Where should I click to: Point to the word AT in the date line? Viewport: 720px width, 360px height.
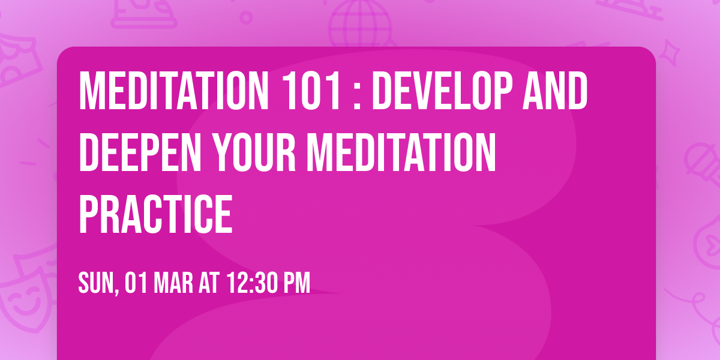coord(209,283)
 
